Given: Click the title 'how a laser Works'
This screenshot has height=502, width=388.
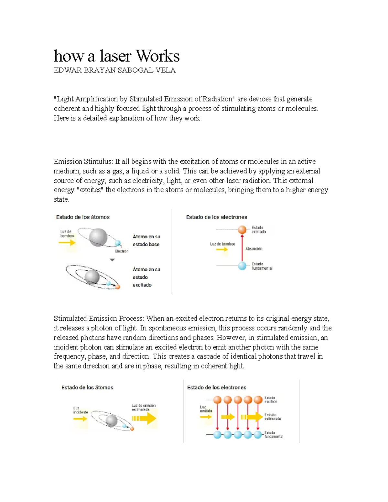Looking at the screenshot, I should (116, 56).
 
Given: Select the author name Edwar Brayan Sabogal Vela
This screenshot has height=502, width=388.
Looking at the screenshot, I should (114, 70).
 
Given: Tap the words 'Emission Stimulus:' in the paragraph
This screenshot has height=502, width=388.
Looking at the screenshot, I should (83, 162).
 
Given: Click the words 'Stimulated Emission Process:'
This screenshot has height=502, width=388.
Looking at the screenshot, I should (99, 319).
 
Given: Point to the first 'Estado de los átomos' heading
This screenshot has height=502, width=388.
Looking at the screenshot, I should (83, 217).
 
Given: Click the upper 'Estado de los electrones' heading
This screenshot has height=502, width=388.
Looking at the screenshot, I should (216, 217).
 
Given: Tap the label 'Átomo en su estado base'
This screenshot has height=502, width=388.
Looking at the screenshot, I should (146, 240).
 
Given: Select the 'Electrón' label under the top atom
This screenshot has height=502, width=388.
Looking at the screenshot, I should (122, 251).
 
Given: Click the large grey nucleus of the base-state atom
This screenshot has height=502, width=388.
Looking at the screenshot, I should (98, 237).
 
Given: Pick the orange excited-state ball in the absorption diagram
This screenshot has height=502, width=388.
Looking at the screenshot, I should (242, 230).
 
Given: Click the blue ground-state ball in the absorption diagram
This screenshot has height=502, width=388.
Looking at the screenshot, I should (242, 266).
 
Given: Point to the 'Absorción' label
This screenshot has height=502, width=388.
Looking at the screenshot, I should (254, 249).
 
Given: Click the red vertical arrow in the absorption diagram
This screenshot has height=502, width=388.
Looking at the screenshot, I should (242, 247).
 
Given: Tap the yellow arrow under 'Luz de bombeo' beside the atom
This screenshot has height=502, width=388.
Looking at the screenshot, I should (67, 242).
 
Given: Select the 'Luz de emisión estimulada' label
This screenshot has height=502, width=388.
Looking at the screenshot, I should (144, 407).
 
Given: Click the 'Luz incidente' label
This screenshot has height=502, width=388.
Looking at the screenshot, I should (80, 410).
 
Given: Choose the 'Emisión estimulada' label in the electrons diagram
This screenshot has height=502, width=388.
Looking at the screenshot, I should (272, 417).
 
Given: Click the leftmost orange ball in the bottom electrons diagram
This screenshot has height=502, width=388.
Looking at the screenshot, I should (217, 400).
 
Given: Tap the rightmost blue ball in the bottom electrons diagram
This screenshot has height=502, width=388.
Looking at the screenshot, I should (258, 435).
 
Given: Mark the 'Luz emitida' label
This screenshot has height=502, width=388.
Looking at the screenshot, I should (206, 409).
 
